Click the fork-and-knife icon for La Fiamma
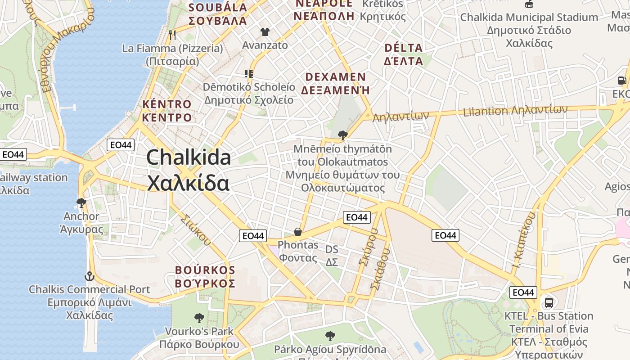172,34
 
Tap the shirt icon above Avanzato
265,31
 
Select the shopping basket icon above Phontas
297,232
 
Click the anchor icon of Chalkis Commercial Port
89,276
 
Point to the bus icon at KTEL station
549,302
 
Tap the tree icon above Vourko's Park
199,318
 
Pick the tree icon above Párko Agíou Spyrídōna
330,336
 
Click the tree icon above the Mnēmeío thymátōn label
342,135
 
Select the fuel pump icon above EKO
621,81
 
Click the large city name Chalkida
189,157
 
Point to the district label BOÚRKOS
205,270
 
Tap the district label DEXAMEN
335,77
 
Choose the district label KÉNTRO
167,104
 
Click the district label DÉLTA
404,48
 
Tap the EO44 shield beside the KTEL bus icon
523,292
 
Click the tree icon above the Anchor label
81,203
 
